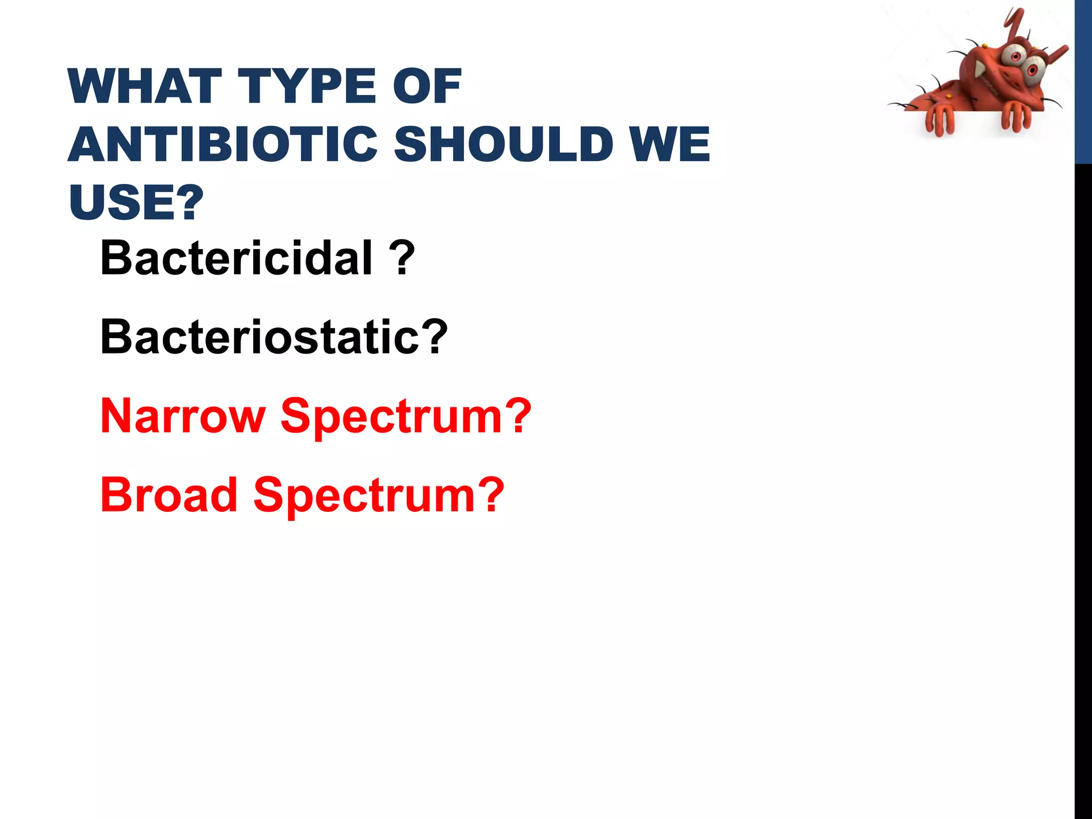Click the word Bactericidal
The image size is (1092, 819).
pyautogui.click(x=236, y=258)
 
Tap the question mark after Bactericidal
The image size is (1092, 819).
pyautogui.click(x=405, y=258)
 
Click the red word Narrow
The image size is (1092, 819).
pyautogui.click(x=183, y=416)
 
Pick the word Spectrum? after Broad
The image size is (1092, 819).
pyautogui.click(x=379, y=495)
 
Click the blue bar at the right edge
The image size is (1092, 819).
pyautogui.click(x=1083, y=80)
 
